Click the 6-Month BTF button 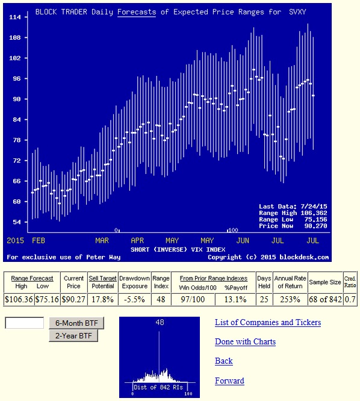point(76,323)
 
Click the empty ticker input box point(25,323)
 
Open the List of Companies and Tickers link point(268,323)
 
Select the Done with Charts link point(245,341)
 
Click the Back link point(224,361)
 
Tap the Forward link point(229,381)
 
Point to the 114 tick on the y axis point(15,17)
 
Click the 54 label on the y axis point(17,222)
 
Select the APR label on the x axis point(137,241)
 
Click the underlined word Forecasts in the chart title point(137,12)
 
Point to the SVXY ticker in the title point(297,12)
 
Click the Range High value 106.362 point(316,213)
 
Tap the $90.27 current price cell point(73,299)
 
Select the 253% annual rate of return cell point(290,299)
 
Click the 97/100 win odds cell point(193,299)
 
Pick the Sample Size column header point(325,282)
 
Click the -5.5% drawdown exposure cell point(134,299)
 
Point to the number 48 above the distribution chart point(160,322)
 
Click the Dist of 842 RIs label point(158,387)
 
